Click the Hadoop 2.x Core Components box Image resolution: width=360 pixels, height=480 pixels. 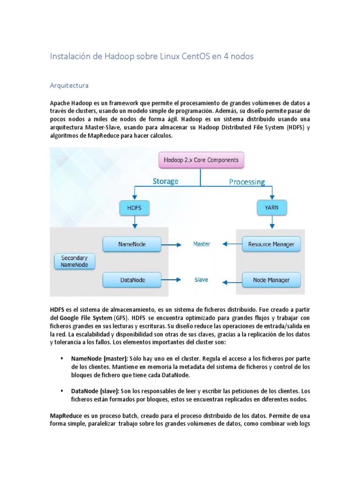point(201,160)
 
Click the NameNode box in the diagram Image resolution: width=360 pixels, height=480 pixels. point(132,244)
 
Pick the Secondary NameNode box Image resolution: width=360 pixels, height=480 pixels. point(74,261)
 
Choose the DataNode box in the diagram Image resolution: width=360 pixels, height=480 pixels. point(132,280)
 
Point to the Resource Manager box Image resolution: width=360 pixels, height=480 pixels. point(271,244)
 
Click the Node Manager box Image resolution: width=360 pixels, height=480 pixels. point(271,280)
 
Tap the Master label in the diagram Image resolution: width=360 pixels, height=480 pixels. point(202,244)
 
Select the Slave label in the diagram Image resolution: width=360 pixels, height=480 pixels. point(201,280)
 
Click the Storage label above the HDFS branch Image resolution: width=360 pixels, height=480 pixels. point(165,181)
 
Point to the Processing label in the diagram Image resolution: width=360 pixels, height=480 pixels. point(247,181)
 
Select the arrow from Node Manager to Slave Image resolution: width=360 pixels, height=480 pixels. point(232,282)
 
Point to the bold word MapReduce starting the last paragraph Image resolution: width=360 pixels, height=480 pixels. point(66,416)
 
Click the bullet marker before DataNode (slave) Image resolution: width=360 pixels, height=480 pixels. point(62,390)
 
